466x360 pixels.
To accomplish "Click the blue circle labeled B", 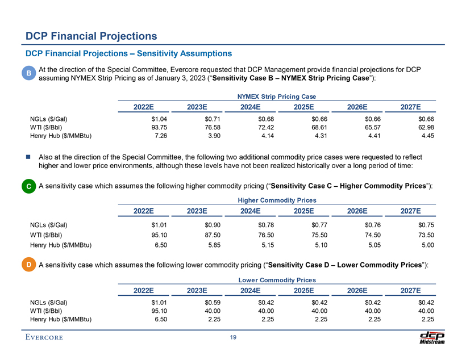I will (x=28, y=74).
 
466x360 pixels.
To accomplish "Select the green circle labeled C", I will (x=28, y=186).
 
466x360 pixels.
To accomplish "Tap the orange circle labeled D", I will (x=28, y=265).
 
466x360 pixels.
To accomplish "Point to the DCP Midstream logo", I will (x=432, y=337).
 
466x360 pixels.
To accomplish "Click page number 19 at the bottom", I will (x=233, y=339).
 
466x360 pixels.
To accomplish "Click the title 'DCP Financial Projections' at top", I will (x=91, y=36).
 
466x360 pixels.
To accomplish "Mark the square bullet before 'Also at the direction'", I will (x=28, y=157).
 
